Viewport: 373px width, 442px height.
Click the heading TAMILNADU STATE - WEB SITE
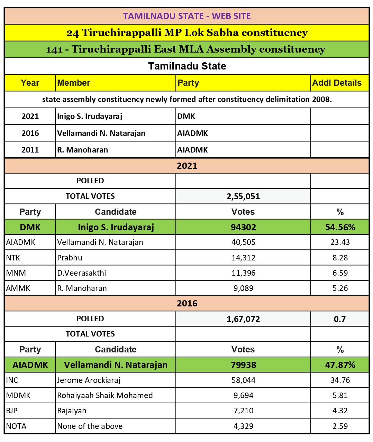tap(187, 16)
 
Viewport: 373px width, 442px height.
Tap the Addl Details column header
tap(337, 83)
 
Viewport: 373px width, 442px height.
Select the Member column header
tap(74, 83)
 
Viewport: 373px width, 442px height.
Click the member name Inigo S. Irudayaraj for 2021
tap(90, 116)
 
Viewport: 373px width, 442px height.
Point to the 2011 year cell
tap(30, 150)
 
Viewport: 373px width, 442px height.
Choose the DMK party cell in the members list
tap(186, 116)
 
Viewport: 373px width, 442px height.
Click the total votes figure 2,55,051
tap(243, 196)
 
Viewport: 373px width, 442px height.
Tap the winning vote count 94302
tap(243, 227)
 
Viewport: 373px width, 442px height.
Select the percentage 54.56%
tap(340, 227)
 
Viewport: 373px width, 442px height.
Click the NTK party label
tap(13, 258)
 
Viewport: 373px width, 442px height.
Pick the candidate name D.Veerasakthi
tap(82, 273)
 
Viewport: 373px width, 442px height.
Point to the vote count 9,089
tap(243, 288)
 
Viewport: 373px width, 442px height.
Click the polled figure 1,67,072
tap(243, 319)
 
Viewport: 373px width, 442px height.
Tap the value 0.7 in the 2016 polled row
tap(340, 319)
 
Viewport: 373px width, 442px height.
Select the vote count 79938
tap(243, 365)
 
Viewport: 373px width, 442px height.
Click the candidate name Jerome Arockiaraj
tap(89, 380)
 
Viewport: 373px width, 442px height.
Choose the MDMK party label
tap(18, 395)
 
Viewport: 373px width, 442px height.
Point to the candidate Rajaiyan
tap(72, 411)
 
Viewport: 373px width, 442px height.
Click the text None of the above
tap(90, 426)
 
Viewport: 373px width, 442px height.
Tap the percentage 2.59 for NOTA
tap(340, 426)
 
